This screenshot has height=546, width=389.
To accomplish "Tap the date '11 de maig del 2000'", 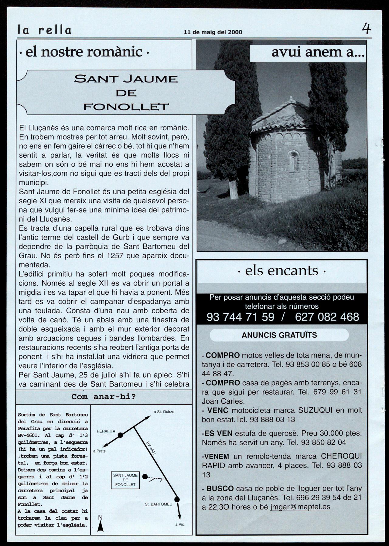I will (213, 32).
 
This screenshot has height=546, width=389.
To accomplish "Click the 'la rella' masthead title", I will (44, 30).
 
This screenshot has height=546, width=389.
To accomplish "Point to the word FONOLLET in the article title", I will (126, 107).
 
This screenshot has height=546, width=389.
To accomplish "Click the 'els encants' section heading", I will (282, 270).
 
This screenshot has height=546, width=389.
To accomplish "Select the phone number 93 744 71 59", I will (240, 317).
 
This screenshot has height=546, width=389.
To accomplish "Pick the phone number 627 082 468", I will (327, 317).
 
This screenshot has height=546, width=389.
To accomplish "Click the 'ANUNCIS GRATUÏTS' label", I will (279, 335).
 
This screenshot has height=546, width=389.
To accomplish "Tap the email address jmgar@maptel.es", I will (300, 507).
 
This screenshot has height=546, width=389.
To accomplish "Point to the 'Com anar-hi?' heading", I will (104, 397).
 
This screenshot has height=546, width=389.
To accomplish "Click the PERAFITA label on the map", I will (106, 431).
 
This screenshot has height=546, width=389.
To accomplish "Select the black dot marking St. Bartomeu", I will (177, 500).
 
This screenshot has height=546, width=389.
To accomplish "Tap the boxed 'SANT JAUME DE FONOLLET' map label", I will (125, 480).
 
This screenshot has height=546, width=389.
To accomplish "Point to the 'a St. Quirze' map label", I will (164, 412).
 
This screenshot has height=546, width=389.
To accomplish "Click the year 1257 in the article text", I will (115, 256).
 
